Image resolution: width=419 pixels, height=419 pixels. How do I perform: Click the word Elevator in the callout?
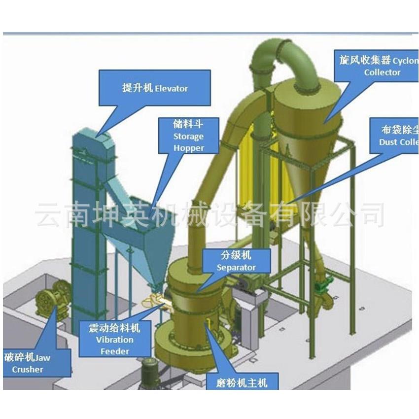click(172, 89)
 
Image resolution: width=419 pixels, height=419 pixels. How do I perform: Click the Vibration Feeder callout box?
click(114, 339)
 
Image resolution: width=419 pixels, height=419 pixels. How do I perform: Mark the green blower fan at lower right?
click(325, 286)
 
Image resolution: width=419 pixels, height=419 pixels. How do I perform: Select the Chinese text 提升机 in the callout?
click(138, 88)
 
